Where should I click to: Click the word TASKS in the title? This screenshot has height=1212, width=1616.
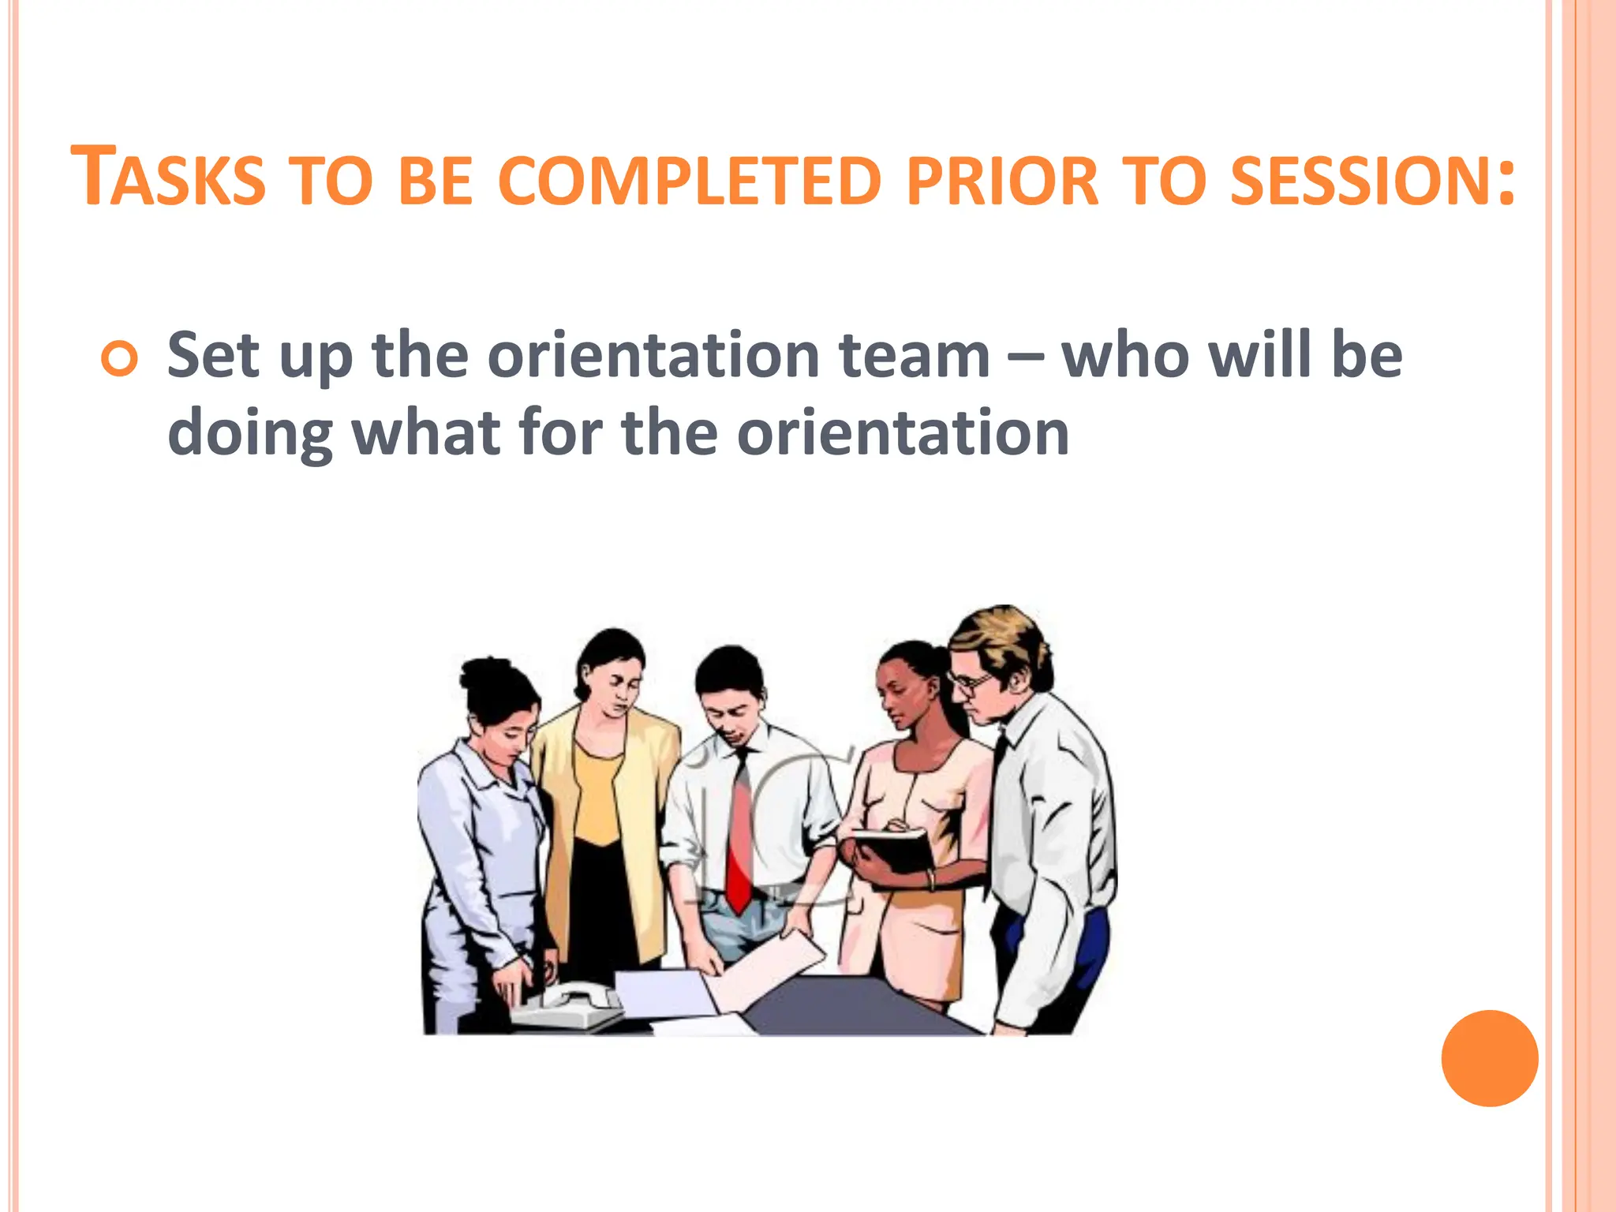pyautogui.click(x=168, y=178)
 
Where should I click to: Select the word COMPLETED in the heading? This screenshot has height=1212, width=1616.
pyautogui.click(x=688, y=181)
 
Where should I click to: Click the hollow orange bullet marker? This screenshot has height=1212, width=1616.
pyautogui.click(x=120, y=360)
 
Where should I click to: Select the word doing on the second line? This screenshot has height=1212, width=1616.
pyautogui.click(x=250, y=435)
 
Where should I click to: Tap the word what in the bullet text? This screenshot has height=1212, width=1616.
pyautogui.click(x=425, y=433)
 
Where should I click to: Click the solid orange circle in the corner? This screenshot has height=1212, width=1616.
pyautogui.click(x=1489, y=1058)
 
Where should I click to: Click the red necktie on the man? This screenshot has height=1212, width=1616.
pyautogui.click(x=740, y=836)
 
